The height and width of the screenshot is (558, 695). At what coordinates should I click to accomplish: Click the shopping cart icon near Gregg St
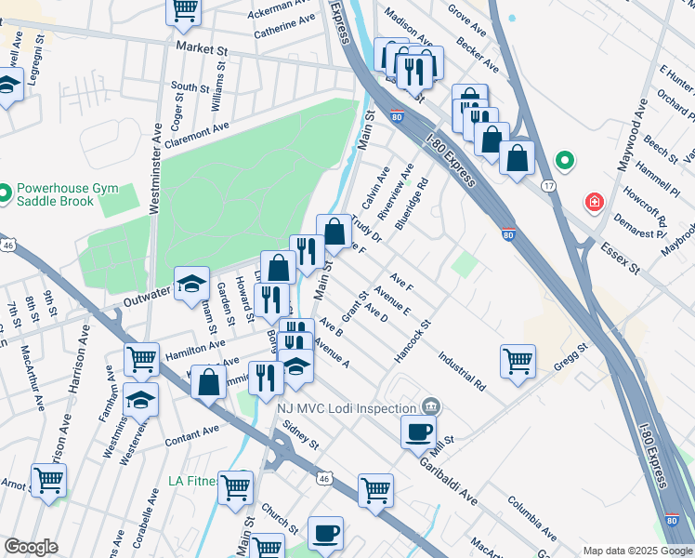pos(518,361)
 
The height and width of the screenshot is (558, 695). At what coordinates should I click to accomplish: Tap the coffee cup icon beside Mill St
pos(418,431)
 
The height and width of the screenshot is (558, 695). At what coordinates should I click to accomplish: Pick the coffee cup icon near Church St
pos(325,533)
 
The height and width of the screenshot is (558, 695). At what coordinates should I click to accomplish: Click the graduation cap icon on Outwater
pos(191,283)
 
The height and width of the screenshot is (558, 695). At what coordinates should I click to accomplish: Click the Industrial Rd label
pos(462,370)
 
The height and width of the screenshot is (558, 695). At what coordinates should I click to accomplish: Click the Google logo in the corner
pos(31,547)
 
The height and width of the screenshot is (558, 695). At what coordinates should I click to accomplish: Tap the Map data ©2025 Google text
pos(636,551)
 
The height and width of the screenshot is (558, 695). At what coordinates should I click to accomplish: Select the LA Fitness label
pos(192,481)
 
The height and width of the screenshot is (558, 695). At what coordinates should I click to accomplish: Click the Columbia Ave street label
pos(531,517)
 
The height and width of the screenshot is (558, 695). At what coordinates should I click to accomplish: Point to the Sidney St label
pos(301,432)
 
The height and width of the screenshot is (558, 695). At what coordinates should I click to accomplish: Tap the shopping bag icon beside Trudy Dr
pos(334,231)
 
